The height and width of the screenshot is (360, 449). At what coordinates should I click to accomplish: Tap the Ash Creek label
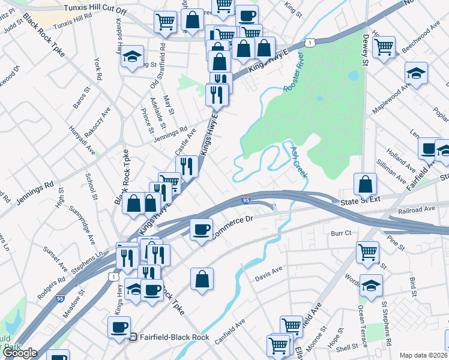[x=298, y=162]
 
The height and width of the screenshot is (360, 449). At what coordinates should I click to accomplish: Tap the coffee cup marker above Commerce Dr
[x=201, y=229]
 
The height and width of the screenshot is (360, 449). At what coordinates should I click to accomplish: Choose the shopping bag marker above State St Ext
[x=365, y=184]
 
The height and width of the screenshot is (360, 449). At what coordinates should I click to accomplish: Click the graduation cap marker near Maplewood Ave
[x=416, y=73]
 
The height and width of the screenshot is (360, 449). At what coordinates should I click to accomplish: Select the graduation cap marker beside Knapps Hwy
[x=133, y=56]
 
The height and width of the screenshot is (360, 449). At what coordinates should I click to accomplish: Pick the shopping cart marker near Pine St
[x=367, y=251]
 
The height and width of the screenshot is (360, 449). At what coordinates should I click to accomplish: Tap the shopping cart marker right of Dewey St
[x=384, y=46]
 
